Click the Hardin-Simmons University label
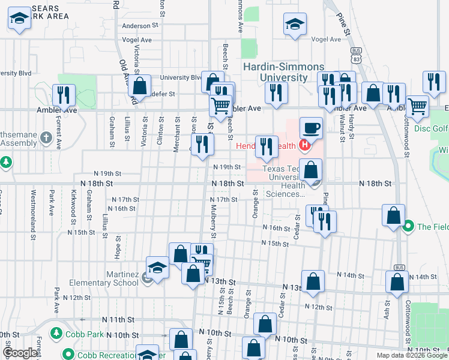(283, 72)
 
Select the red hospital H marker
(304, 145)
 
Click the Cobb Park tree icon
(56, 332)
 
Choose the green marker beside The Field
(409, 226)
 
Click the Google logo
(20, 353)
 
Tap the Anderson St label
(139, 26)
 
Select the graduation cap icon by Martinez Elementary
(157, 268)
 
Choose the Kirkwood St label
(73, 204)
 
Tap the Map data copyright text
(400, 355)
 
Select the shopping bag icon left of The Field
(393, 217)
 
